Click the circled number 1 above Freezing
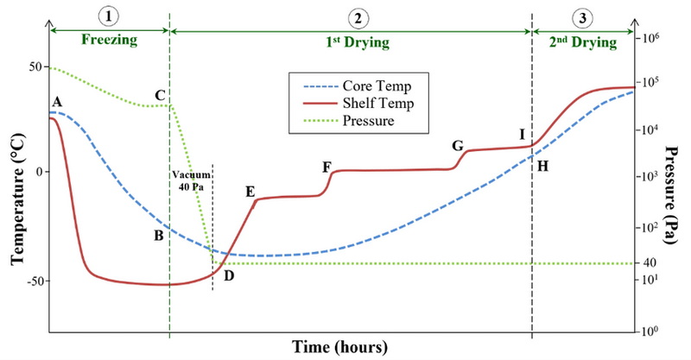109,16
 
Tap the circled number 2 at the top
357,16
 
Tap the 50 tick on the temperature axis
35,66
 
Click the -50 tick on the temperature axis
31,281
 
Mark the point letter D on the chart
228,275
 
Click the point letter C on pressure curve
160,94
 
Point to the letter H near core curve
542,166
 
